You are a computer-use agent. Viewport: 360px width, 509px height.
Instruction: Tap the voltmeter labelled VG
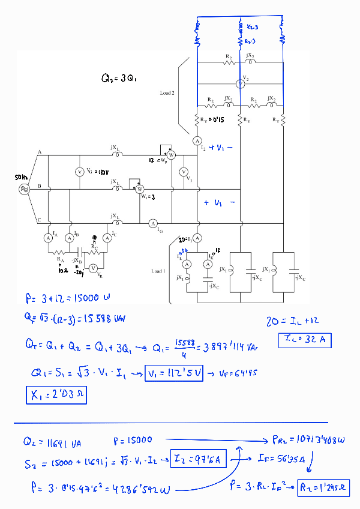point(79,172)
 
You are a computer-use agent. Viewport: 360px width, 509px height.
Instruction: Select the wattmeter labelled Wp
point(170,155)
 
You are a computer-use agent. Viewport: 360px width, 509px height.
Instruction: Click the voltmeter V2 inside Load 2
point(239,84)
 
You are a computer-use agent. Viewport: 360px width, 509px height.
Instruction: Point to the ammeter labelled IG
point(152,223)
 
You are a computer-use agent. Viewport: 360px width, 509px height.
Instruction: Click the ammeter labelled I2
point(196,140)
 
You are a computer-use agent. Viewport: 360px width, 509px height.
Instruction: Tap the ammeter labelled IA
point(49,238)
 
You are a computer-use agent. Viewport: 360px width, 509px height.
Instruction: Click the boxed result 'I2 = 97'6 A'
point(199,460)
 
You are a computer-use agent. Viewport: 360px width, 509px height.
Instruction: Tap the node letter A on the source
point(39,153)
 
